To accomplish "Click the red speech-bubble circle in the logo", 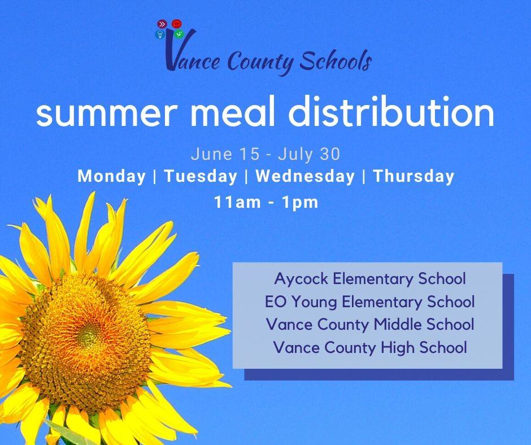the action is pos(176,24).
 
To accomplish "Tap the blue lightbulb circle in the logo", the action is pos(160,34).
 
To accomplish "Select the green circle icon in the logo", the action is pos(179,34).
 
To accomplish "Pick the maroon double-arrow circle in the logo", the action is pos(162,24).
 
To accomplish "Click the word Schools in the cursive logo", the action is pos(336,60).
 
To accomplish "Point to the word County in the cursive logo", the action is pos(260,63).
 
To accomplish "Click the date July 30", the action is pos(309,154).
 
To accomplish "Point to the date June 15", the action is pos(225,154).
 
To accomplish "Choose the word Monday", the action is pos(111,176).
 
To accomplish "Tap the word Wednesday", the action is pos(305,176).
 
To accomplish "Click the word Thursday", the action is pos(413,176).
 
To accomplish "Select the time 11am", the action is pos(238,202).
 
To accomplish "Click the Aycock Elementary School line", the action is pos(370,279).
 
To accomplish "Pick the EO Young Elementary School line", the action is pos(370,302).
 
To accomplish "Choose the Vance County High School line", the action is pos(370,347).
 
